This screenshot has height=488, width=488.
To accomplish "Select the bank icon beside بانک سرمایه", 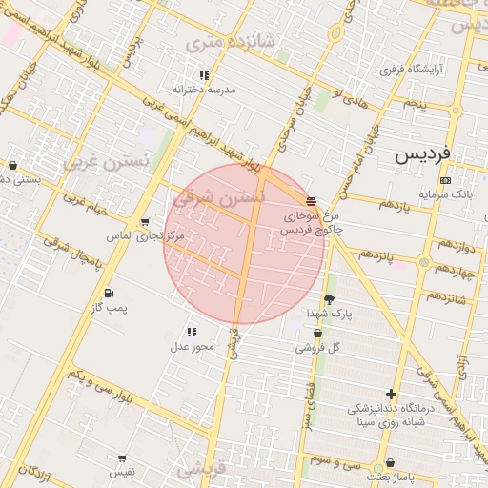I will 445,180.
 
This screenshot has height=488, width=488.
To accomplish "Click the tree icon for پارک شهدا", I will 329,299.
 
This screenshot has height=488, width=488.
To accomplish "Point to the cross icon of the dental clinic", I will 391,394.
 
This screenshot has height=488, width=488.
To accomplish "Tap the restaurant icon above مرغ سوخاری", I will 312,200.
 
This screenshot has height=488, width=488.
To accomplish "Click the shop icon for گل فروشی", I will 317,334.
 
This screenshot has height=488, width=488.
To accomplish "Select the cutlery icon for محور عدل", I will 192,333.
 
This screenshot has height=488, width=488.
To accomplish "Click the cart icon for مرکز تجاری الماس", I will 145,221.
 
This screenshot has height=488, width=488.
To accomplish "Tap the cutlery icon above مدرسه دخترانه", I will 203,75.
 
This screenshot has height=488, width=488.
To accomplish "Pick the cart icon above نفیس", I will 122,458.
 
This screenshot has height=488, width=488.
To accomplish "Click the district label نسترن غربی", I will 107,160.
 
